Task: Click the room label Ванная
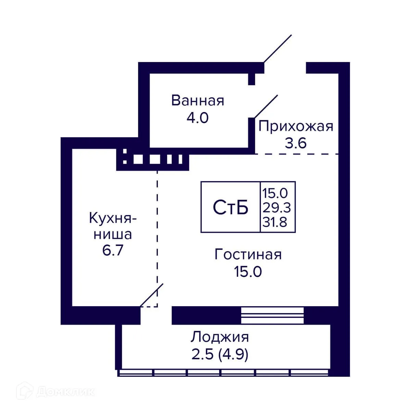[x=198, y=101]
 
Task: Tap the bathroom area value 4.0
[x=197, y=118]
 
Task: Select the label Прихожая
[x=296, y=126]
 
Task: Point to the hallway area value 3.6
[x=296, y=143]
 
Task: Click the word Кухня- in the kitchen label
[x=113, y=218]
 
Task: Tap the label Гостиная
[x=248, y=255]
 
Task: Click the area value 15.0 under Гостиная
[x=248, y=272]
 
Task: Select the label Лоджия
[x=220, y=337]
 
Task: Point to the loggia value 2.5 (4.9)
[x=220, y=354]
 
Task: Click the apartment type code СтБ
[x=231, y=208]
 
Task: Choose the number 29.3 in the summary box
[x=276, y=208]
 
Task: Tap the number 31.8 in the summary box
[x=275, y=223]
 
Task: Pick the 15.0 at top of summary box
[x=275, y=193]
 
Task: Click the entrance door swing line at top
[x=278, y=49]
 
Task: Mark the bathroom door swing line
[x=265, y=107]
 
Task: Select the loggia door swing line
[x=152, y=295]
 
